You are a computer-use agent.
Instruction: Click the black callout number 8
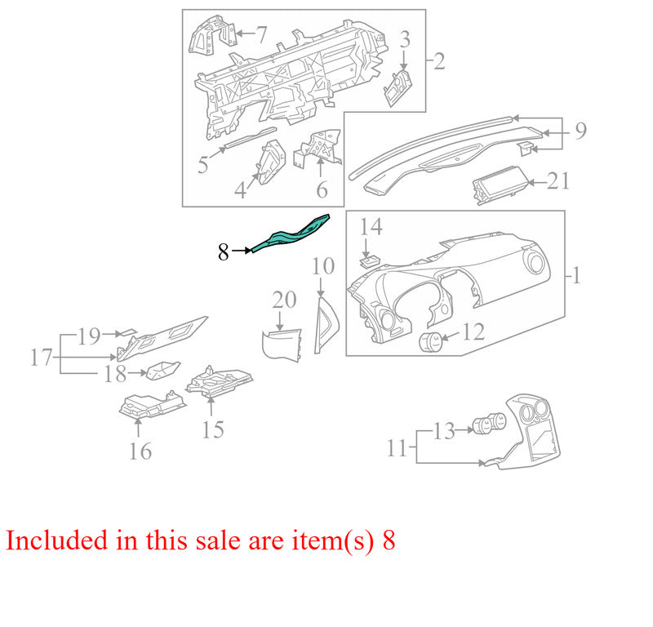click(x=224, y=252)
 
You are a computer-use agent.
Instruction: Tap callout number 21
click(x=558, y=181)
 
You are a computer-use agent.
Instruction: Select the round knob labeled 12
click(x=431, y=342)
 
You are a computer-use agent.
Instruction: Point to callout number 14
click(x=371, y=227)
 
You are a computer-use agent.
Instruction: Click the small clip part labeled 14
click(x=370, y=261)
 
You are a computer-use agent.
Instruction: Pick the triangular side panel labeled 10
click(x=326, y=325)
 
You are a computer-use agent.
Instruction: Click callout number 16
click(x=140, y=451)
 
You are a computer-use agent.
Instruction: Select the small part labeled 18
click(x=162, y=371)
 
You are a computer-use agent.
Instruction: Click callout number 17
click(x=42, y=358)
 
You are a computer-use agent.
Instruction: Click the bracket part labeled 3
click(x=398, y=88)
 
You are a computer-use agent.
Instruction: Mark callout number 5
click(x=202, y=165)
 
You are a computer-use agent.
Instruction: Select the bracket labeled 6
click(x=318, y=148)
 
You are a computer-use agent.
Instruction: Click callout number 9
click(x=580, y=131)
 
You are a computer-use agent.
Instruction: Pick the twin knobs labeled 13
click(x=489, y=424)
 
